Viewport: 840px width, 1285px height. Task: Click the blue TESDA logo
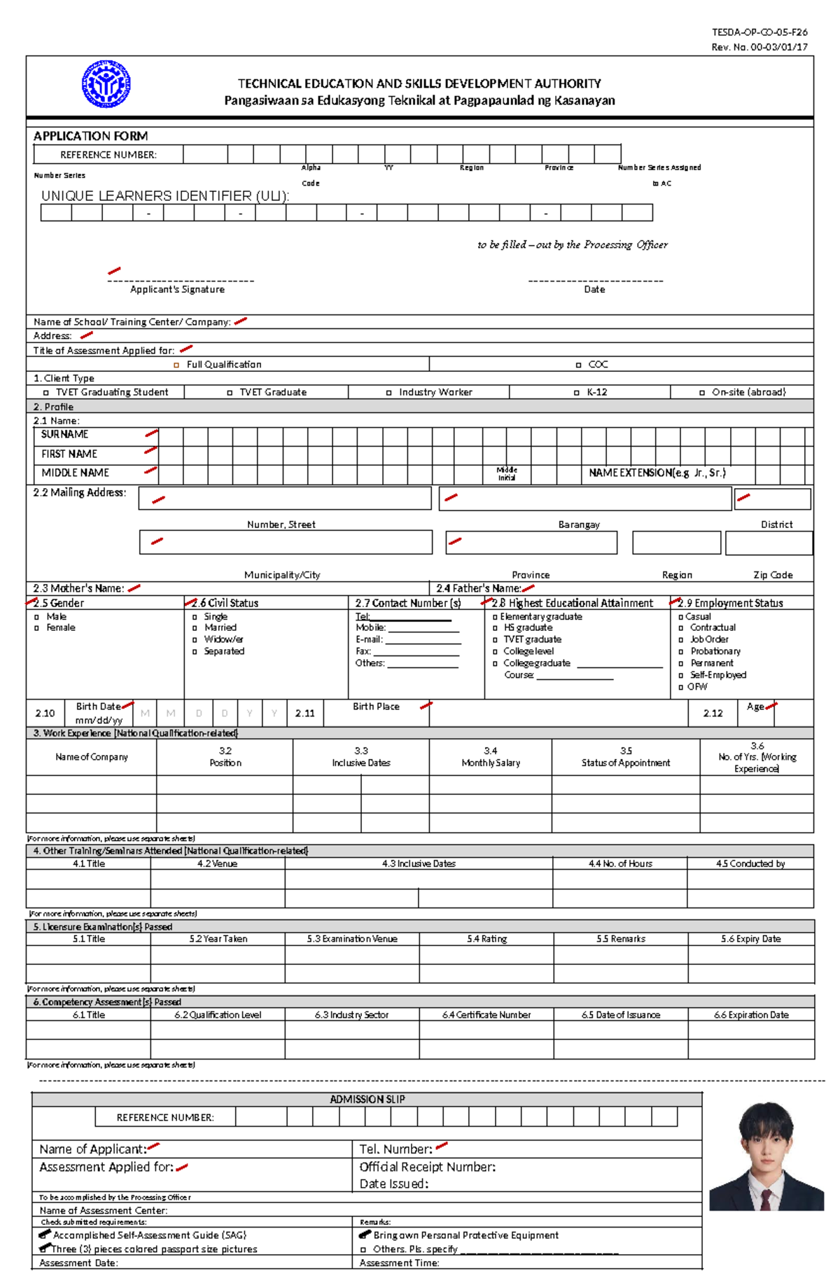click(106, 84)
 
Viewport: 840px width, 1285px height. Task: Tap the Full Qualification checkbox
click(176, 365)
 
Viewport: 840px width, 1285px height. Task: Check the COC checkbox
click(578, 365)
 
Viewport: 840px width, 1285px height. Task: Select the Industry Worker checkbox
click(389, 393)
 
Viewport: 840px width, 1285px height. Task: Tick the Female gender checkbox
click(37, 628)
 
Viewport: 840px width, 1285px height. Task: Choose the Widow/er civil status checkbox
click(195, 639)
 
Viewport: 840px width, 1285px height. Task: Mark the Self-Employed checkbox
click(681, 676)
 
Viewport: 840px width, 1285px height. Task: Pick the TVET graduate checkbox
click(495, 640)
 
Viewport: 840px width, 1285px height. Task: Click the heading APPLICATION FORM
click(90, 136)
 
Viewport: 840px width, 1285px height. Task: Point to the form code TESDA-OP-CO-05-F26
click(759, 32)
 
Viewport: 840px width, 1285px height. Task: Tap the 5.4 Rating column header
click(486, 939)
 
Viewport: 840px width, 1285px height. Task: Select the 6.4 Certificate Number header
click(486, 1015)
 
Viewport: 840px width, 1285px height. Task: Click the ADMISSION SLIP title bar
click(367, 1099)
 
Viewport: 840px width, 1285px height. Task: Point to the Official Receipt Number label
click(427, 1167)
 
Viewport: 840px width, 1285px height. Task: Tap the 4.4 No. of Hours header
click(620, 864)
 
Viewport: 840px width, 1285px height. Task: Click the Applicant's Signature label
click(177, 289)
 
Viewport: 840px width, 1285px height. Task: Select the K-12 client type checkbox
click(577, 393)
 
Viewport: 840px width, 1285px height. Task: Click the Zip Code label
click(773, 575)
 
